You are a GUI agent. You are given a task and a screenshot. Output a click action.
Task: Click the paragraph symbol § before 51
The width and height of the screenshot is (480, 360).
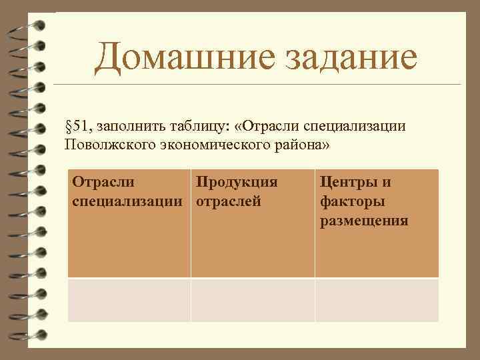pyautogui.click(x=68, y=127)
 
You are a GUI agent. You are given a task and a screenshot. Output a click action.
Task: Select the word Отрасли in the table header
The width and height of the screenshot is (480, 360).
pyautogui.click(x=103, y=182)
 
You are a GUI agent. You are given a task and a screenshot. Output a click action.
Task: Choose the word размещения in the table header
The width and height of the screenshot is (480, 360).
pyautogui.click(x=364, y=221)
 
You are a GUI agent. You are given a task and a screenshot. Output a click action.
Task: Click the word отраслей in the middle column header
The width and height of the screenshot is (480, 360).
pyautogui.click(x=228, y=201)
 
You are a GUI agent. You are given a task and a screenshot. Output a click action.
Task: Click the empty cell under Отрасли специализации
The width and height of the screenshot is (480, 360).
pyautogui.click(x=129, y=300)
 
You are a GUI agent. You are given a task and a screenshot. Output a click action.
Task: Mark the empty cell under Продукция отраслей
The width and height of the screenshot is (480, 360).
pyautogui.click(x=253, y=300)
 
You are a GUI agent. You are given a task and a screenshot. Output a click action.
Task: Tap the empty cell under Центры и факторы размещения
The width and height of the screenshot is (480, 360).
pyautogui.click(x=377, y=300)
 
